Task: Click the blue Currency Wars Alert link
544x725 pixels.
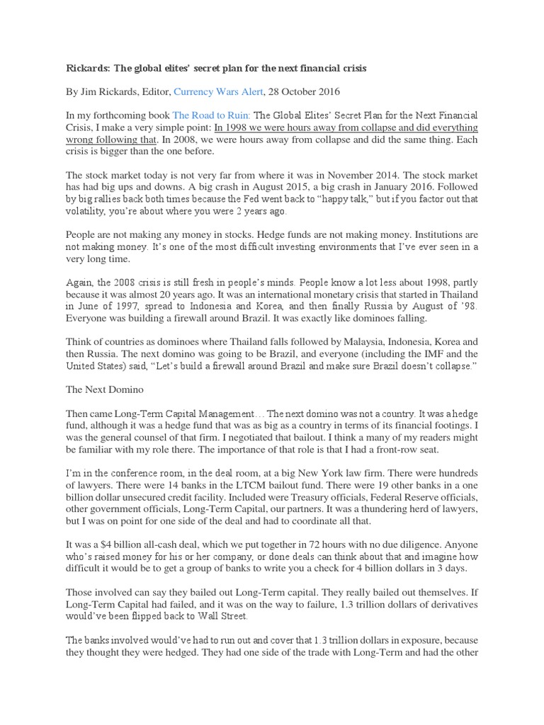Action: click(218, 91)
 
